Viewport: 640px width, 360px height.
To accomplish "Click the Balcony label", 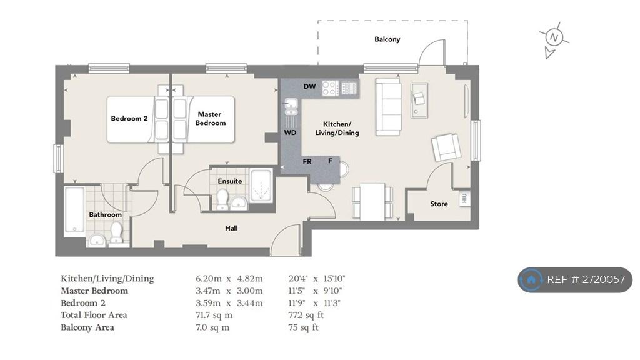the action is (387, 39).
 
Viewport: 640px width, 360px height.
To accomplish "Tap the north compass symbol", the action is (554, 38).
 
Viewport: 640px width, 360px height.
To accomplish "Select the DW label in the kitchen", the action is (310, 86).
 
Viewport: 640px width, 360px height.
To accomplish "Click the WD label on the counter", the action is (290, 132).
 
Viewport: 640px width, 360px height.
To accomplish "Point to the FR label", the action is (307, 162).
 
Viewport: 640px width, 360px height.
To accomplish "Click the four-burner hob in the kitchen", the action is (330, 87).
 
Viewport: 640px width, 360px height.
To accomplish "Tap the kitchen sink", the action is (291, 106).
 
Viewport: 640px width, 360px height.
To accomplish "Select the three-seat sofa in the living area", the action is (388, 106).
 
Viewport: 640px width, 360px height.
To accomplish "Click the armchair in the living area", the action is (446, 147).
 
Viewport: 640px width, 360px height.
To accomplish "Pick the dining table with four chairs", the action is (372, 202).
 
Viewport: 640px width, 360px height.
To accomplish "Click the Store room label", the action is (439, 204).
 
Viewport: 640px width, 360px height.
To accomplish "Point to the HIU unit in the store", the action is (464, 199).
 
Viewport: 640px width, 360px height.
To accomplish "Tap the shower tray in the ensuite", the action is (261, 185).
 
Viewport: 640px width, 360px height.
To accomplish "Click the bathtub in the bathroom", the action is (75, 212).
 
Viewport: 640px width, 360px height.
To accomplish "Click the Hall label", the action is (231, 228).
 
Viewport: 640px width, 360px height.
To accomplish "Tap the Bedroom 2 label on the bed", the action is (129, 118).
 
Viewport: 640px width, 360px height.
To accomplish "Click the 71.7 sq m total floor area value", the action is (214, 315).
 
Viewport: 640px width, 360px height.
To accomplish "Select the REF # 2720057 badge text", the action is (586, 279).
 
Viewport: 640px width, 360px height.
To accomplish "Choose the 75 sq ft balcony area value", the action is (303, 327).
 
